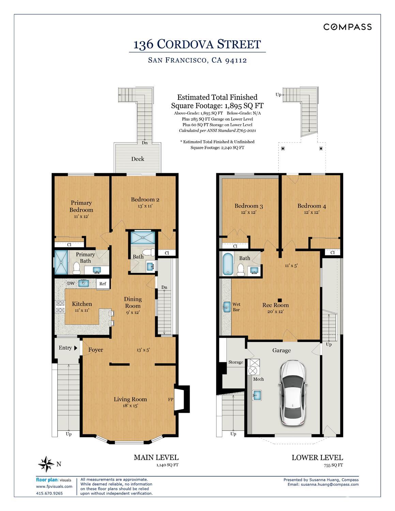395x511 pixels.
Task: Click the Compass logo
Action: (x=347, y=27)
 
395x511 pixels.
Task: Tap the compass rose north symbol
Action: (x=46, y=464)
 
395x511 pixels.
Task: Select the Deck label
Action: (x=138, y=159)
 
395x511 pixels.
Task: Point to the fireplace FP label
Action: (x=171, y=399)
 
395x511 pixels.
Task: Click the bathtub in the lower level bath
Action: (x=228, y=264)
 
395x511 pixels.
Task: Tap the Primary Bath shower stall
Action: (x=61, y=262)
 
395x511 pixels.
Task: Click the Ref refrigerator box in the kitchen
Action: (x=103, y=284)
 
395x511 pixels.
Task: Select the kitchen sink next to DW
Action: (x=83, y=283)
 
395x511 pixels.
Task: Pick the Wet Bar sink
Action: (x=227, y=307)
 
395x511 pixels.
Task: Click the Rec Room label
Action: (x=275, y=305)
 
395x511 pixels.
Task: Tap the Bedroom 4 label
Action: (x=312, y=206)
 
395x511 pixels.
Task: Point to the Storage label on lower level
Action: (x=236, y=362)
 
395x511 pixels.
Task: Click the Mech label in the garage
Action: (x=258, y=379)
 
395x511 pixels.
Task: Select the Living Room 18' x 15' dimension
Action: (x=130, y=406)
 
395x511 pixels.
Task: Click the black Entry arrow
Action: (x=76, y=348)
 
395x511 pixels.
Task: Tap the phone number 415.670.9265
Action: (x=49, y=493)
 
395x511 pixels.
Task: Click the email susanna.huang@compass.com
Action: (x=330, y=484)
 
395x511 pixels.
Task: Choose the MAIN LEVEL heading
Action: (x=156, y=457)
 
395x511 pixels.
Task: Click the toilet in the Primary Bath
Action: (x=77, y=268)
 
